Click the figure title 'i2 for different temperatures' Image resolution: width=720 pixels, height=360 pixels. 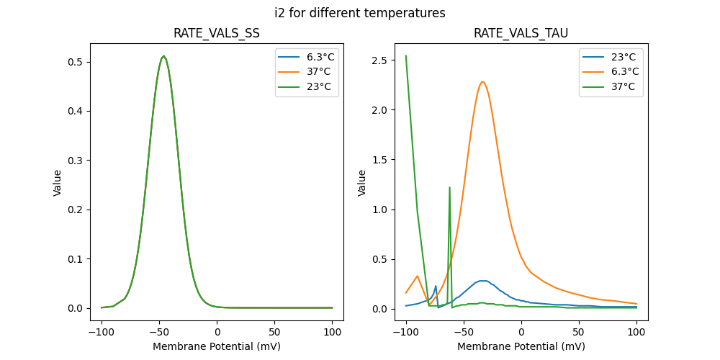tap(360, 13)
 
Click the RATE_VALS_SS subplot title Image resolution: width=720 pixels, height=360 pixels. tap(217, 34)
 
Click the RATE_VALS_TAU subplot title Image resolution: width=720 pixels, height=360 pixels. tap(521, 34)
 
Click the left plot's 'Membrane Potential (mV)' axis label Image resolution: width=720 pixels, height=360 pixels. tap(217, 346)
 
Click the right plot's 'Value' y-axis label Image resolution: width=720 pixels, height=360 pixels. tap(362, 183)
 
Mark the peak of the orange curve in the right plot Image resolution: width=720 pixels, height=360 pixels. tap(482, 81)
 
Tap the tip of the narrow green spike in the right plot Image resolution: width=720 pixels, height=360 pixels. tap(450, 187)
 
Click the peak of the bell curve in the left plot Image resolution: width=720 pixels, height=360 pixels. tap(163, 56)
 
